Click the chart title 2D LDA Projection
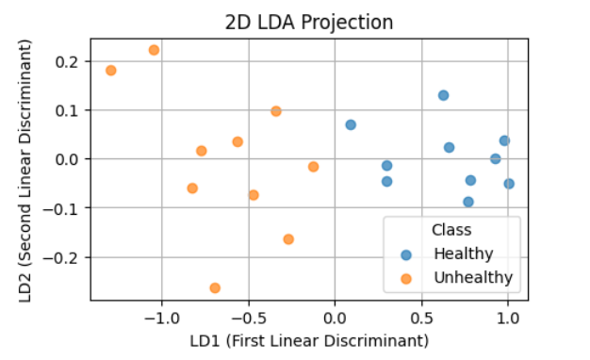click(308, 22)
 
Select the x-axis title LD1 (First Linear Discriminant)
click(308, 339)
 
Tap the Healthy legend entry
click(463, 254)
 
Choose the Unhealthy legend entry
click(472, 277)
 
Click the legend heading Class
click(451, 229)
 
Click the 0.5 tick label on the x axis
click(421, 316)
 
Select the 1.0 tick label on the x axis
click(508, 316)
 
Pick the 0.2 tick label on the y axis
click(68, 61)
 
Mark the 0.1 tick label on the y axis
click(68, 110)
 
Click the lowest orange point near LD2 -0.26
click(215, 287)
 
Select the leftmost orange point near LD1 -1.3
click(111, 71)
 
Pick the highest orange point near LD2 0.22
click(154, 50)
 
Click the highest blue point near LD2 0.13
click(443, 95)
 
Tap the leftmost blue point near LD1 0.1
click(351, 124)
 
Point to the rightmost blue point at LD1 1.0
click(509, 184)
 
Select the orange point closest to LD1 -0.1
click(314, 167)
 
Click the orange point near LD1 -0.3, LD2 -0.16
click(288, 239)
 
